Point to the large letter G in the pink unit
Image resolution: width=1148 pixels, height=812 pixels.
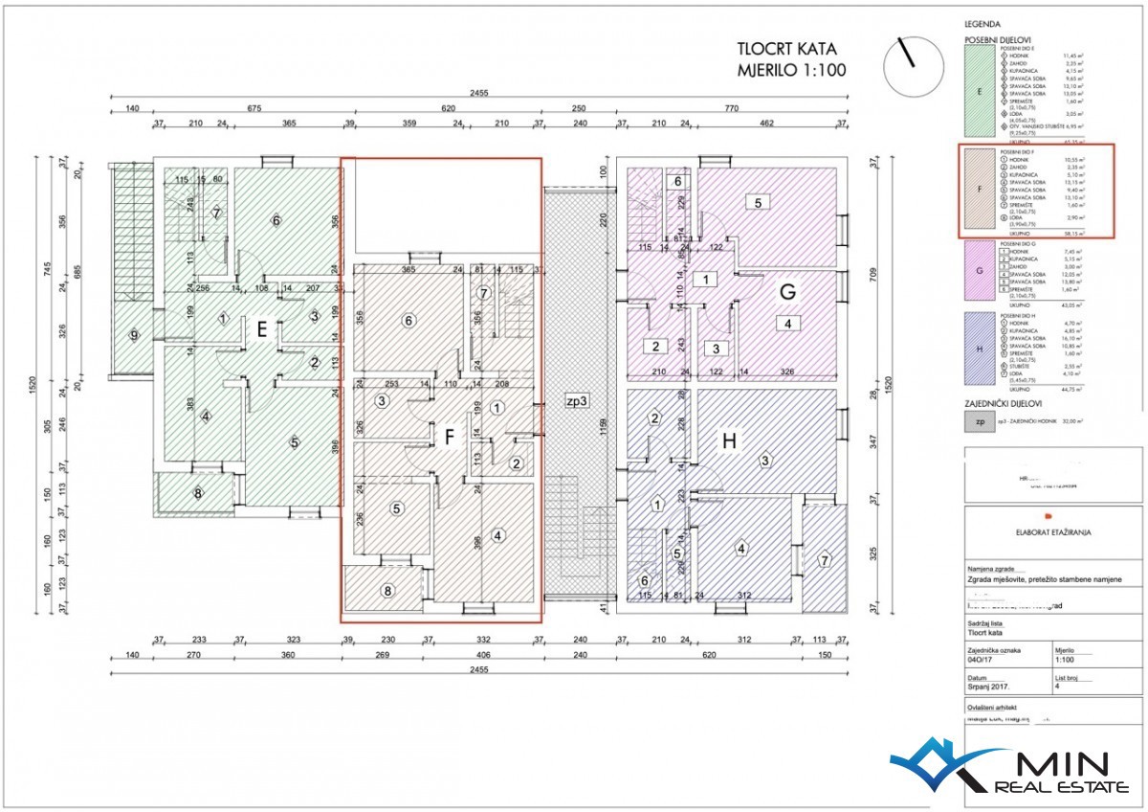pyautogui.click(x=788, y=293)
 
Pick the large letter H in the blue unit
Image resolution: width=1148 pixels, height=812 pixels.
pyautogui.click(x=730, y=441)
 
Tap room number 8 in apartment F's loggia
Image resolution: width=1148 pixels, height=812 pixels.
pyautogui.click(x=387, y=591)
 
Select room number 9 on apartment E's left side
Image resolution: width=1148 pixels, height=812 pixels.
pyautogui.click(x=134, y=335)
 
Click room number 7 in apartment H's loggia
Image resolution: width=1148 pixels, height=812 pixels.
pyautogui.click(x=825, y=559)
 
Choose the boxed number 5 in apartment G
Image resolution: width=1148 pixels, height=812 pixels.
pyautogui.click(x=758, y=203)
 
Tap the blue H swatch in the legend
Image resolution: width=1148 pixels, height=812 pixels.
pyautogui.click(x=979, y=350)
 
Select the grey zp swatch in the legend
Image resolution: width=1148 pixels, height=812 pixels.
pyautogui.click(x=979, y=420)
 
